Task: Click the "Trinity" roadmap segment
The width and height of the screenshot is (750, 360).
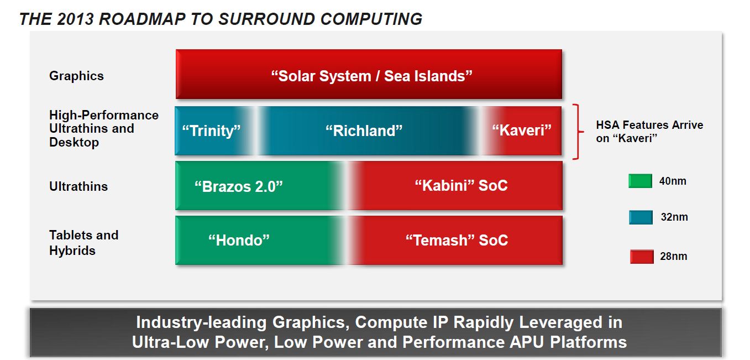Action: (x=214, y=131)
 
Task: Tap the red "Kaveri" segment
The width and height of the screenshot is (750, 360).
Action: (x=522, y=131)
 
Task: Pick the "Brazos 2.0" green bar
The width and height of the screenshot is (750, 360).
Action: (x=258, y=186)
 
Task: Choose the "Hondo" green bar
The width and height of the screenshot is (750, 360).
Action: (x=258, y=241)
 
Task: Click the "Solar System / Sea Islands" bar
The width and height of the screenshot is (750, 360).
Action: (x=369, y=74)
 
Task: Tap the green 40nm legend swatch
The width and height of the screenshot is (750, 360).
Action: (x=640, y=181)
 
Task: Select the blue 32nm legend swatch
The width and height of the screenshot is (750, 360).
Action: (x=641, y=217)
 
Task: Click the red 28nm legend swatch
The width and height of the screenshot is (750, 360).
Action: (x=642, y=257)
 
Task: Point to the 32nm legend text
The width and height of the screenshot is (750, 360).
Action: (x=674, y=217)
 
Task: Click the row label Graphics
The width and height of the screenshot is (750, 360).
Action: (x=76, y=76)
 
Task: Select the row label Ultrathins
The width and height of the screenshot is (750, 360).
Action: (x=78, y=186)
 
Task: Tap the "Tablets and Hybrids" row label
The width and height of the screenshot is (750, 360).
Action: (x=83, y=243)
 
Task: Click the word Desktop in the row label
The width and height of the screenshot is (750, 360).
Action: (x=74, y=143)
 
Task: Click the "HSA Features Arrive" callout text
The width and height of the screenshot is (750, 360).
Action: (x=649, y=125)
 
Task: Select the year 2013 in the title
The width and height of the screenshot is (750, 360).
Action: (x=75, y=19)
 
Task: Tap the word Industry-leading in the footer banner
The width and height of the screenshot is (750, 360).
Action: (x=201, y=322)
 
